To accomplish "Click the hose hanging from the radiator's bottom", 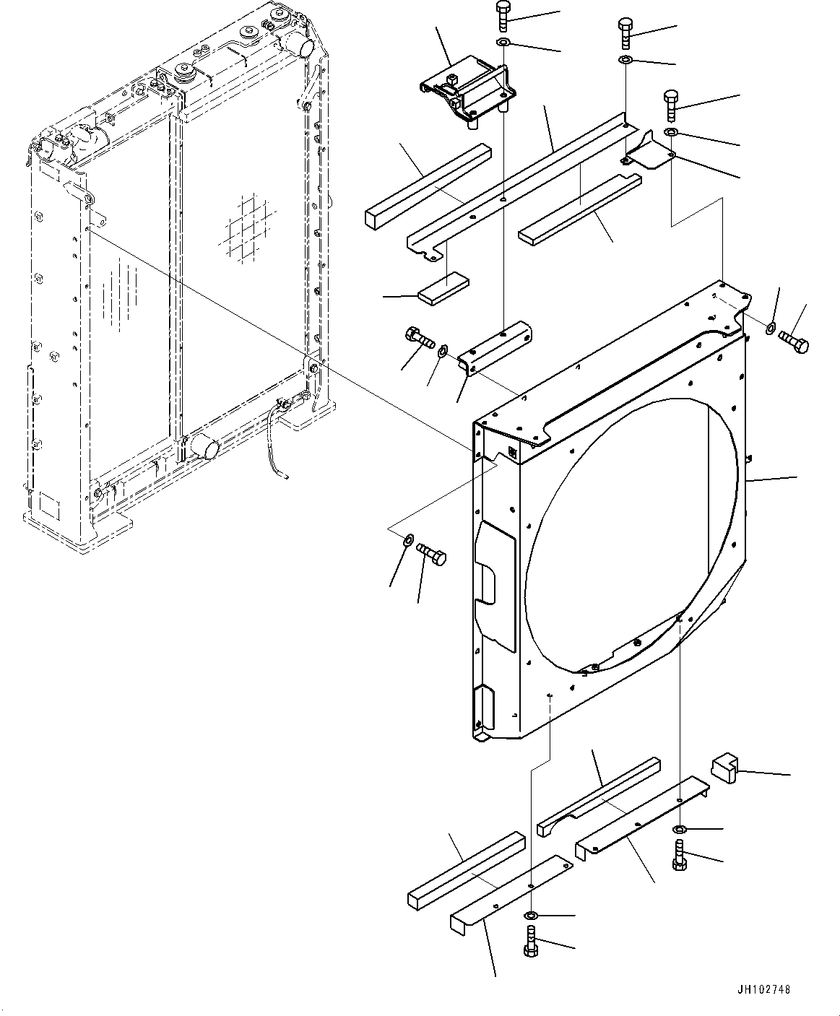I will [276, 448].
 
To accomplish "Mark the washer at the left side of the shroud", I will [407, 539].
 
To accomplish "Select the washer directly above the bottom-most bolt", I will [531, 917].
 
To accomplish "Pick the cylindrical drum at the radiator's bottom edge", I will [204, 447].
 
